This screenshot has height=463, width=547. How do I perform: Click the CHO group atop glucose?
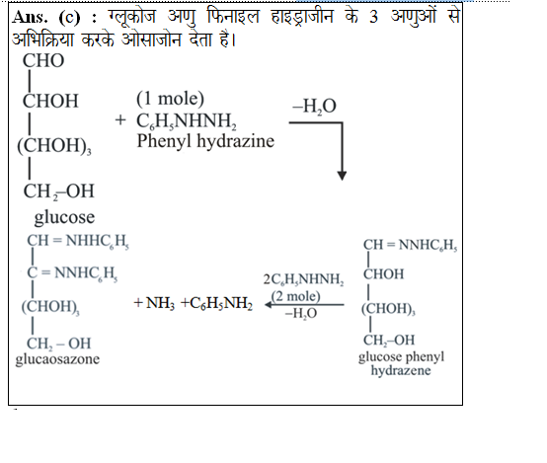click(x=43, y=60)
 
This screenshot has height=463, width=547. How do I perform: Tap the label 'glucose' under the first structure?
click(x=64, y=217)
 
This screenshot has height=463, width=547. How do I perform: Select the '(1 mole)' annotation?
click(x=170, y=99)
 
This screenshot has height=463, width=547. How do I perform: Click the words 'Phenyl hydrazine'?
click(x=205, y=141)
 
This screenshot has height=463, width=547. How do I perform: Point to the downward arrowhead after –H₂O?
click(x=342, y=176)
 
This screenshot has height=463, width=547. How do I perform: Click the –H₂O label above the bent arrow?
click(x=314, y=106)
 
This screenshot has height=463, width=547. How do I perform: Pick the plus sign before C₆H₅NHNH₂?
click(x=120, y=120)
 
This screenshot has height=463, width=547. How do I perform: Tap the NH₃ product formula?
click(x=160, y=303)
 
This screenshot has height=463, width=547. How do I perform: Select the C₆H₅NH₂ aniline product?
click(x=217, y=303)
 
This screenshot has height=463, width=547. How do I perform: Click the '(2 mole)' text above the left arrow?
click(x=295, y=296)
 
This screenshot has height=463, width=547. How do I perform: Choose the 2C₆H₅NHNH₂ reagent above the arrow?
click(x=303, y=279)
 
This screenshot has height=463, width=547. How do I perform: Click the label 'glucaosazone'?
click(x=57, y=359)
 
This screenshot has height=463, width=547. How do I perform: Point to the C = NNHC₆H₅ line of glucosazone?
click(x=72, y=272)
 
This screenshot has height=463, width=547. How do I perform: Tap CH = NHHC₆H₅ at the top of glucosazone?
click(x=78, y=241)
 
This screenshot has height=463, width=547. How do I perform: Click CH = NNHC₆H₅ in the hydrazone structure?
click(x=411, y=245)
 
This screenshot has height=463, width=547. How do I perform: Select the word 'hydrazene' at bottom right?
click(x=401, y=370)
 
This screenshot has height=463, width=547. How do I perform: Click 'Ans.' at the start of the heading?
click(x=30, y=17)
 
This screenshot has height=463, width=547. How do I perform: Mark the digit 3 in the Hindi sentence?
click(x=373, y=17)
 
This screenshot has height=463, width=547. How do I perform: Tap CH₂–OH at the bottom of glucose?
click(x=58, y=192)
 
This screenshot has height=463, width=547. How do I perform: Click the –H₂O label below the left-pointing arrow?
click(x=301, y=313)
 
